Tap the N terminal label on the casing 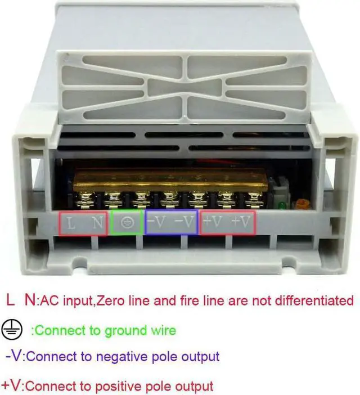(x=98, y=223)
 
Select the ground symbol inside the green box (x=128, y=223)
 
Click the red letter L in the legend (x=10, y=300)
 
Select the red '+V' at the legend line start (x=12, y=385)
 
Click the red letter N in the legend (x=30, y=300)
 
